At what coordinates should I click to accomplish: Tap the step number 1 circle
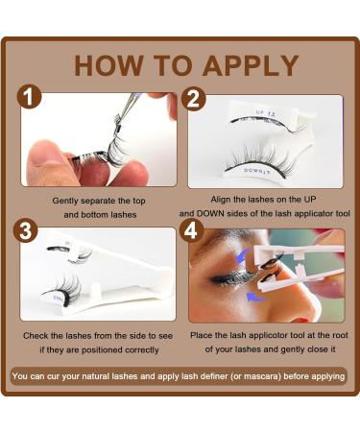click(32, 100)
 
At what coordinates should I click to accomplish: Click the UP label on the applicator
click(252, 113)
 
